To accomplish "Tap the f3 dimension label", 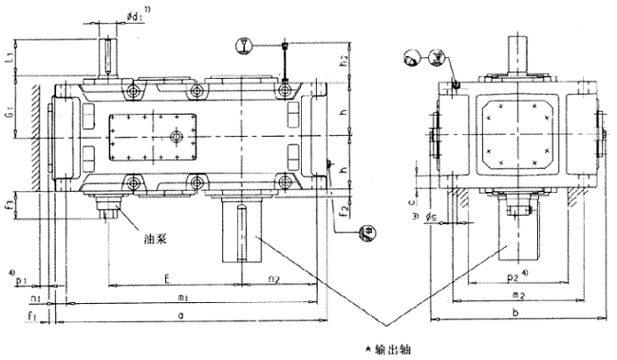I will [9, 203].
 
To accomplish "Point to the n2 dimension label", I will [273, 280].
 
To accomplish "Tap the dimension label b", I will [513, 313].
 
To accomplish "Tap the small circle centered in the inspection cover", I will [176, 137].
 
